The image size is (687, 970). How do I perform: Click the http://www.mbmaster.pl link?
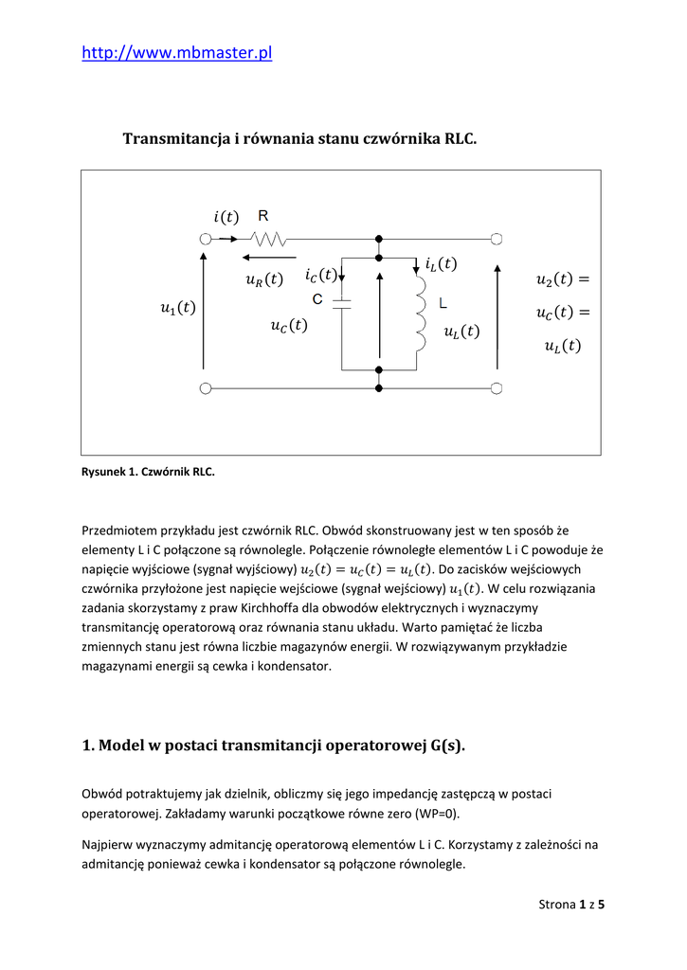pos(177,53)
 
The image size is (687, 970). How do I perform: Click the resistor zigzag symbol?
pos(270,239)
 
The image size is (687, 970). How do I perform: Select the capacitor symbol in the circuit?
pos(341,304)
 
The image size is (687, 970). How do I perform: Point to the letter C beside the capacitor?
pos(318,299)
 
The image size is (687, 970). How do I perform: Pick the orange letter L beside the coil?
pos(443,303)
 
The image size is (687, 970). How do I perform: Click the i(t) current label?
pos(226,217)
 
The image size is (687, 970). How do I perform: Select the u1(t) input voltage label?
pos(178,307)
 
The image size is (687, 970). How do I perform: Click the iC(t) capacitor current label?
pos(320,275)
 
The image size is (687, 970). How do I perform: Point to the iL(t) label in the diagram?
pos(441,264)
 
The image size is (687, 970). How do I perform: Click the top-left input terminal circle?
pos(205,239)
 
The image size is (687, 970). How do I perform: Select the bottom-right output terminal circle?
pos(496,386)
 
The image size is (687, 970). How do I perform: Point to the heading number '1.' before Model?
pos(89,745)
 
